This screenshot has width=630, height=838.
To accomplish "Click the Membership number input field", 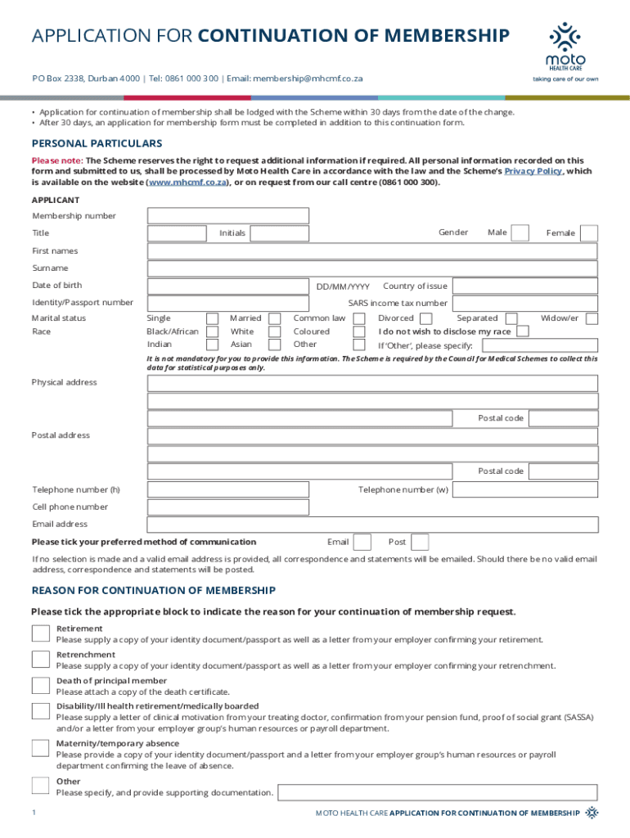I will coord(228,216).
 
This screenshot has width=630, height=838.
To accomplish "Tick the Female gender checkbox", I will coord(589,233).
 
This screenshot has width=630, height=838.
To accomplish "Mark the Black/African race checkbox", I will coord(213,331).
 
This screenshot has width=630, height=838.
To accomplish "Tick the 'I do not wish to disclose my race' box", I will coord(523,331).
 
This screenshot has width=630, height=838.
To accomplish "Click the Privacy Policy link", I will coord(533,172).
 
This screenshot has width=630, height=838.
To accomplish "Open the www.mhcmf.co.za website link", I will coord(187,182).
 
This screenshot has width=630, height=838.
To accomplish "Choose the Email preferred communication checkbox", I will coord(362,542).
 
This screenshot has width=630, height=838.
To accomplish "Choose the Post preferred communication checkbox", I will coord(420,542).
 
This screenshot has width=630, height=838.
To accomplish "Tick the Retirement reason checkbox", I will coord(40,633).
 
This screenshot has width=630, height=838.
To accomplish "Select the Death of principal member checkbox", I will coord(40,685).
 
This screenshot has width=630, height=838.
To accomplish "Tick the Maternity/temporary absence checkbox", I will coord(40,747).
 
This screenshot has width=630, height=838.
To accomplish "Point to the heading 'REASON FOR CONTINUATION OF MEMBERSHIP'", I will coord(154,590).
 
